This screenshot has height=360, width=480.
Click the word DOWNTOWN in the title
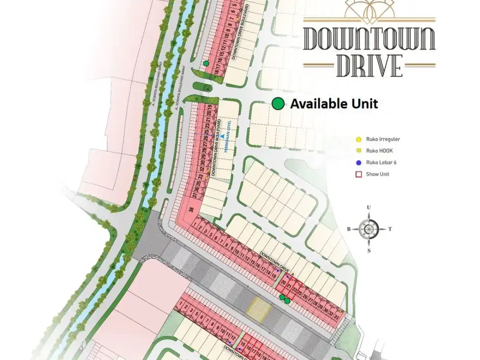click(x=369, y=39)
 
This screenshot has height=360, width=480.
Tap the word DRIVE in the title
click(x=369, y=66)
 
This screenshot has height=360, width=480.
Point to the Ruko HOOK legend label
click(x=380, y=151)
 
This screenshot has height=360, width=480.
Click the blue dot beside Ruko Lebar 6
click(x=358, y=162)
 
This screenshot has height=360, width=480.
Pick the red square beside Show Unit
click(x=358, y=174)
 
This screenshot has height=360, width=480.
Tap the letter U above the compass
click(x=369, y=207)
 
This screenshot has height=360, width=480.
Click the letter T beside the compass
click(x=390, y=229)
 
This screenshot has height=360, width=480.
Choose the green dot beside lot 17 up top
click(x=206, y=63)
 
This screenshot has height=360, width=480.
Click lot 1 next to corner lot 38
click(x=194, y=224)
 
